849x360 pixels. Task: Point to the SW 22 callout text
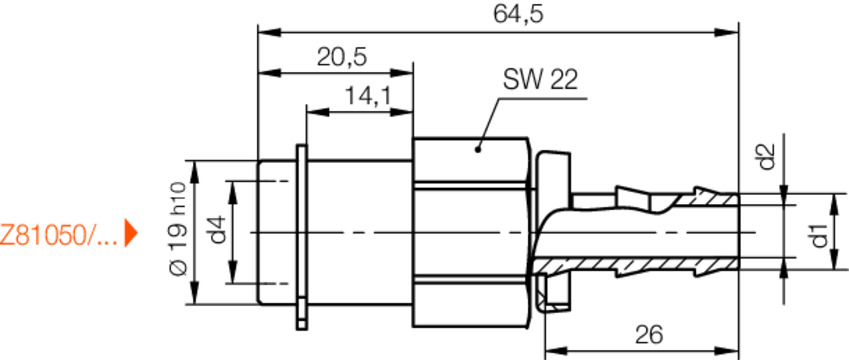click(x=540, y=81)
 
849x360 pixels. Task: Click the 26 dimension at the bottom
click(x=650, y=335)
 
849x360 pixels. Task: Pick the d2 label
click(x=766, y=158)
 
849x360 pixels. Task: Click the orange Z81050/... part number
click(x=58, y=237)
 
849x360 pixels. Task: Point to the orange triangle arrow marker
click(x=130, y=237)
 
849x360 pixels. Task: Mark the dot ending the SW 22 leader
click(x=478, y=150)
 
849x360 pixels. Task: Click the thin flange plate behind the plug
click(x=301, y=236)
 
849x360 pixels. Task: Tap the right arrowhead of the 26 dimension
click(x=734, y=351)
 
